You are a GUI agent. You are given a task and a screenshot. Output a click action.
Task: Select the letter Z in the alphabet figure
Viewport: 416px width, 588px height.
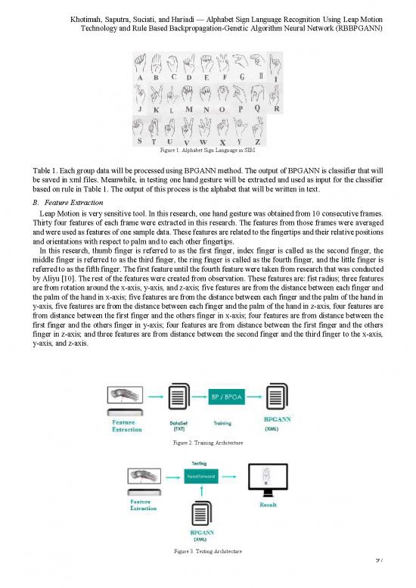257,141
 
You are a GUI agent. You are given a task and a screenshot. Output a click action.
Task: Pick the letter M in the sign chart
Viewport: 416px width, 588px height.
188,110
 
